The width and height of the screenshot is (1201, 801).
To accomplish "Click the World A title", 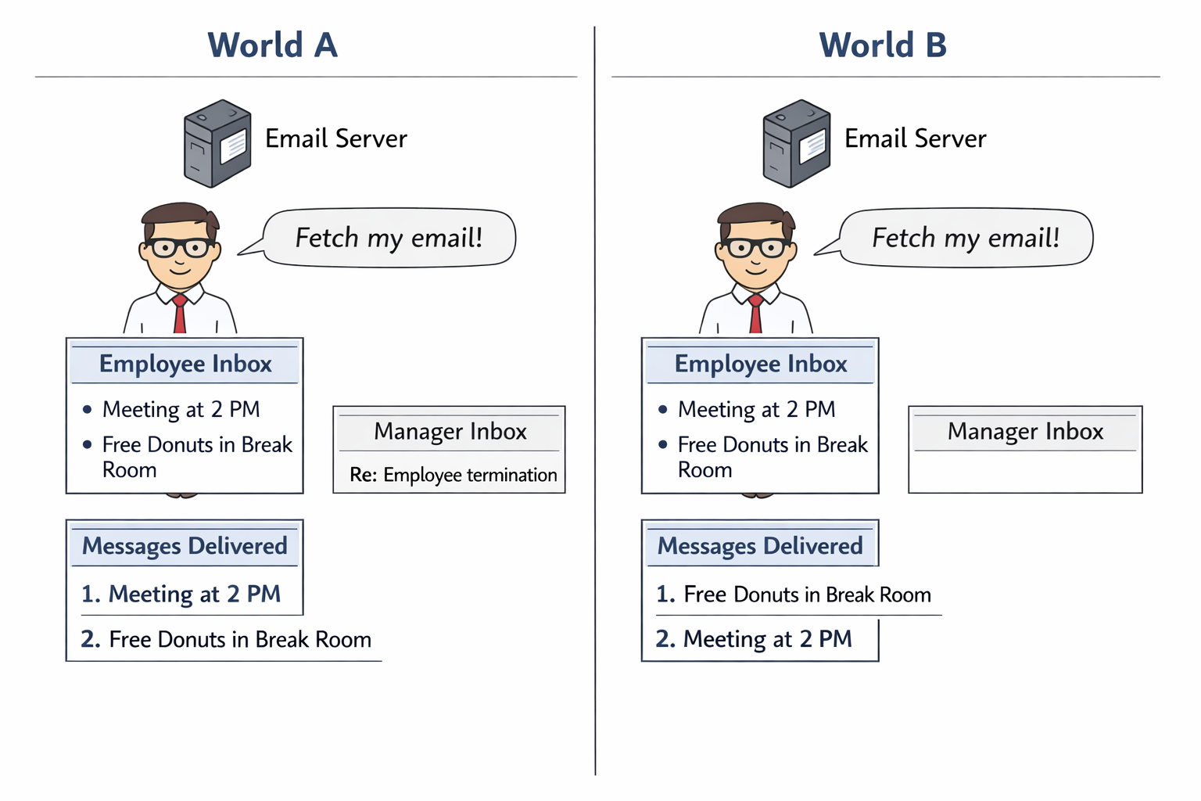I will pos(272,45).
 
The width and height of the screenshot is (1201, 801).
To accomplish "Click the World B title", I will pos(883,45).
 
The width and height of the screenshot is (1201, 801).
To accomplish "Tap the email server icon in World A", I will pos(217,143).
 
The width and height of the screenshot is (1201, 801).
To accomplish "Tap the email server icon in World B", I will pos(796,143).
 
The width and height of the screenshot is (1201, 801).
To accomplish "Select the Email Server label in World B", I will pos(915,138).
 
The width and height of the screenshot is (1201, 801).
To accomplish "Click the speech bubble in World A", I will pos(389,237).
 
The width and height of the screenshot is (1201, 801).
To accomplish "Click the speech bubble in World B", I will pos(966,237).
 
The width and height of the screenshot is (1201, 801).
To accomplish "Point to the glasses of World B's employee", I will pos(756,248).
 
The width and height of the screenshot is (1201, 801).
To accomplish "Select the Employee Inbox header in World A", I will pos(185,364).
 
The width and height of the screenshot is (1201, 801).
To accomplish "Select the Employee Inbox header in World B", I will pos(761,364).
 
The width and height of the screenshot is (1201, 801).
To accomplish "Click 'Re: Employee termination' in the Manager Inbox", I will pos(454,475).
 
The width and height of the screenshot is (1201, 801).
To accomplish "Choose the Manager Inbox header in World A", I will pos(450,431).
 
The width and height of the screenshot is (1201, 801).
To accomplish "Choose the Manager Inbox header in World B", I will pos(1025,431).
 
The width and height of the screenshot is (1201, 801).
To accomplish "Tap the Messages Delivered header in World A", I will pos(185,545).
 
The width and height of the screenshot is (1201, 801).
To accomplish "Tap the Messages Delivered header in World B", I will pos(760,545).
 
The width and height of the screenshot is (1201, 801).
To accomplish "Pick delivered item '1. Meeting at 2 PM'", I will pos(181,594).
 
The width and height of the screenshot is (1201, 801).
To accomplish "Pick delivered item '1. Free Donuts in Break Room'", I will pos(794,594).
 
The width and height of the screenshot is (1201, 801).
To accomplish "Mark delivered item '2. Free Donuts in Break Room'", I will pos(226,639).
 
